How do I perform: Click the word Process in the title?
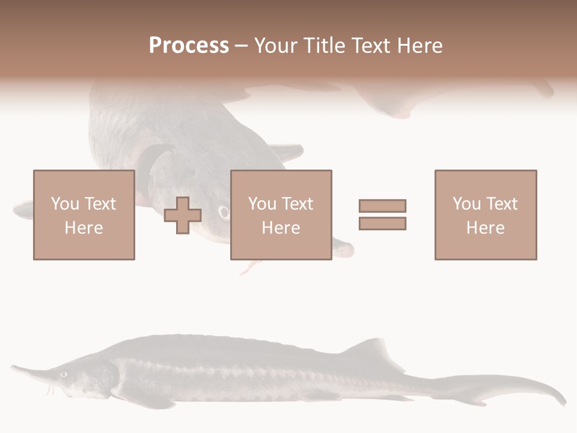click(x=189, y=46)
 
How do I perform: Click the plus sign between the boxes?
click(x=183, y=215)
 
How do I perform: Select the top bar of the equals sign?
click(x=382, y=206)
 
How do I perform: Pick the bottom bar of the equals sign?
click(x=382, y=224)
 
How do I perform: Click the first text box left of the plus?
click(x=84, y=215)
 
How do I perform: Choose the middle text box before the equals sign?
click(x=281, y=215)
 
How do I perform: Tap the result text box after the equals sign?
click(x=486, y=215)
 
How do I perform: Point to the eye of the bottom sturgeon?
click(x=64, y=374)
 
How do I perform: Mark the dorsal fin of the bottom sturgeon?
click(x=373, y=351)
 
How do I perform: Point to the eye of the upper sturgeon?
click(x=224, y=212)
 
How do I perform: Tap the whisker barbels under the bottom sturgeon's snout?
click(x=51, y=389)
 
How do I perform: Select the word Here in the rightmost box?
click(x=486, y=227)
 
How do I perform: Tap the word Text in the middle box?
click(x=297, y=203)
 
